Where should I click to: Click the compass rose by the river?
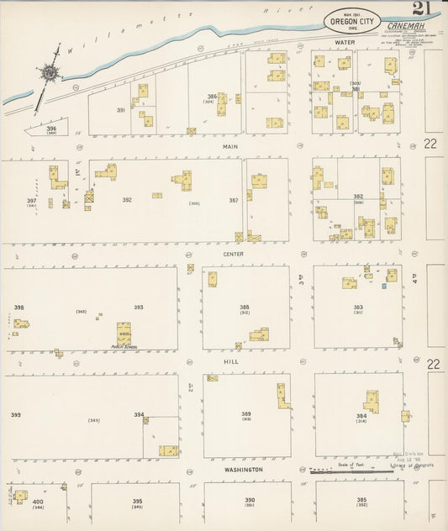(49, 74)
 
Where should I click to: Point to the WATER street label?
(345, 41)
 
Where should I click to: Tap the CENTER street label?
(234, 254)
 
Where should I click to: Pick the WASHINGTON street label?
(244, 470)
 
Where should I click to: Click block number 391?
(121, 109)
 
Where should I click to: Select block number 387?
(234, 200)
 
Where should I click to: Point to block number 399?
(15, 415)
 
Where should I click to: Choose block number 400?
(37, 502)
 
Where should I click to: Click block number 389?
(246, 413)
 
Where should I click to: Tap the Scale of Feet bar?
(345, 472)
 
